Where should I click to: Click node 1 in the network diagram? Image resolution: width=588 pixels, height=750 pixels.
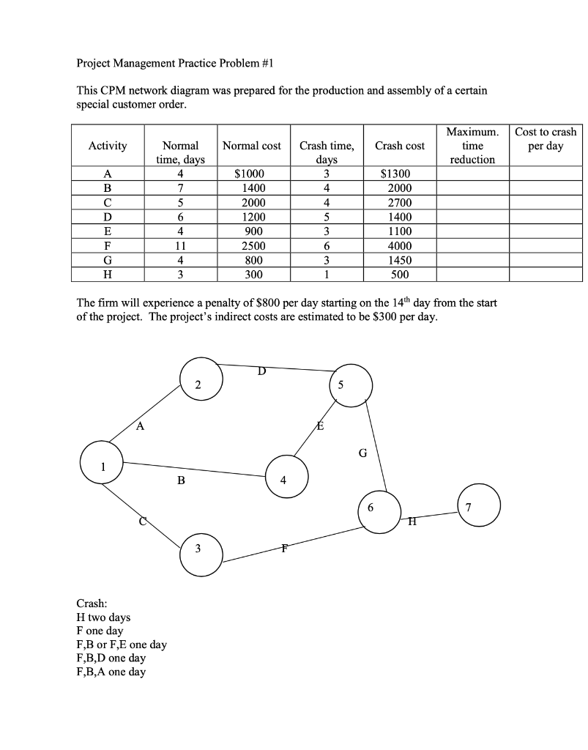click(103, 467)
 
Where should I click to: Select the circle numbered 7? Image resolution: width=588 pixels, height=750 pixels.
click(480, 506)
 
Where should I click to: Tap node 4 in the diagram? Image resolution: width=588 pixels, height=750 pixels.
click(287, 480)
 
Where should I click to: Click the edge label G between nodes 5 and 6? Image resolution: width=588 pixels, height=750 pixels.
click(362, 453)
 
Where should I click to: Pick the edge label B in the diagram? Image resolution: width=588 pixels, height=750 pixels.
click(181, 481)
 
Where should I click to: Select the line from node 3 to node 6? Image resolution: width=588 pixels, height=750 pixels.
click(293, 543)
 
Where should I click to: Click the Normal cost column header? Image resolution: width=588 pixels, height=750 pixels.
click(251, 146)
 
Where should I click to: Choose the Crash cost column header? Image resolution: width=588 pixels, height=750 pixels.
click(400, 146)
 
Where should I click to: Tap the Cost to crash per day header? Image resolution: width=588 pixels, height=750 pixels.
click(546, 139)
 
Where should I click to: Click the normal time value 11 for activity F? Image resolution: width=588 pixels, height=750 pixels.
click(180, 246)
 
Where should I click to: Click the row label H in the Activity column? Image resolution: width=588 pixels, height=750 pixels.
click(108, 275)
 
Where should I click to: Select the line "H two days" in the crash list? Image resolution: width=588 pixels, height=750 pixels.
click(103, 617)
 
